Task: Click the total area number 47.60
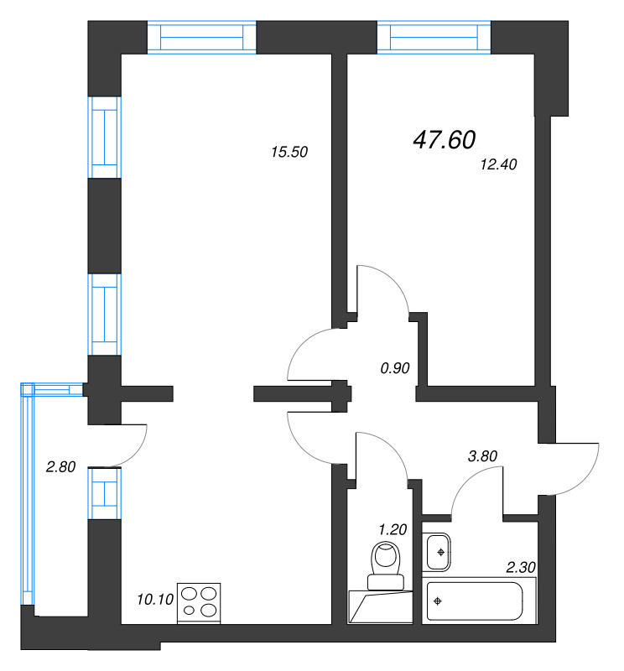[x=445, y=139]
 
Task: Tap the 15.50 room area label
[x=289, y=152]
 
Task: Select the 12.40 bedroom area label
[x=498, y=164]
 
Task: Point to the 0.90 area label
[x=395, y=368]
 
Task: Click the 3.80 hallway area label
[x=482, y=456]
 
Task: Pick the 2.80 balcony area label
[x=60, y=467]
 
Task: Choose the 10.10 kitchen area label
[x=155, y=600]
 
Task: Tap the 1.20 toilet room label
[x=393, y=530]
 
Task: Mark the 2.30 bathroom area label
[x=521, y=568]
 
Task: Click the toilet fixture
[x=386, y=565]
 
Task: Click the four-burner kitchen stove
[x=199, y=603]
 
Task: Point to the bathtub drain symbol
[x=438, y=601]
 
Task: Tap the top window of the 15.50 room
[x=201, y=37]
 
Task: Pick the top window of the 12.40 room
[x=434, y=37]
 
